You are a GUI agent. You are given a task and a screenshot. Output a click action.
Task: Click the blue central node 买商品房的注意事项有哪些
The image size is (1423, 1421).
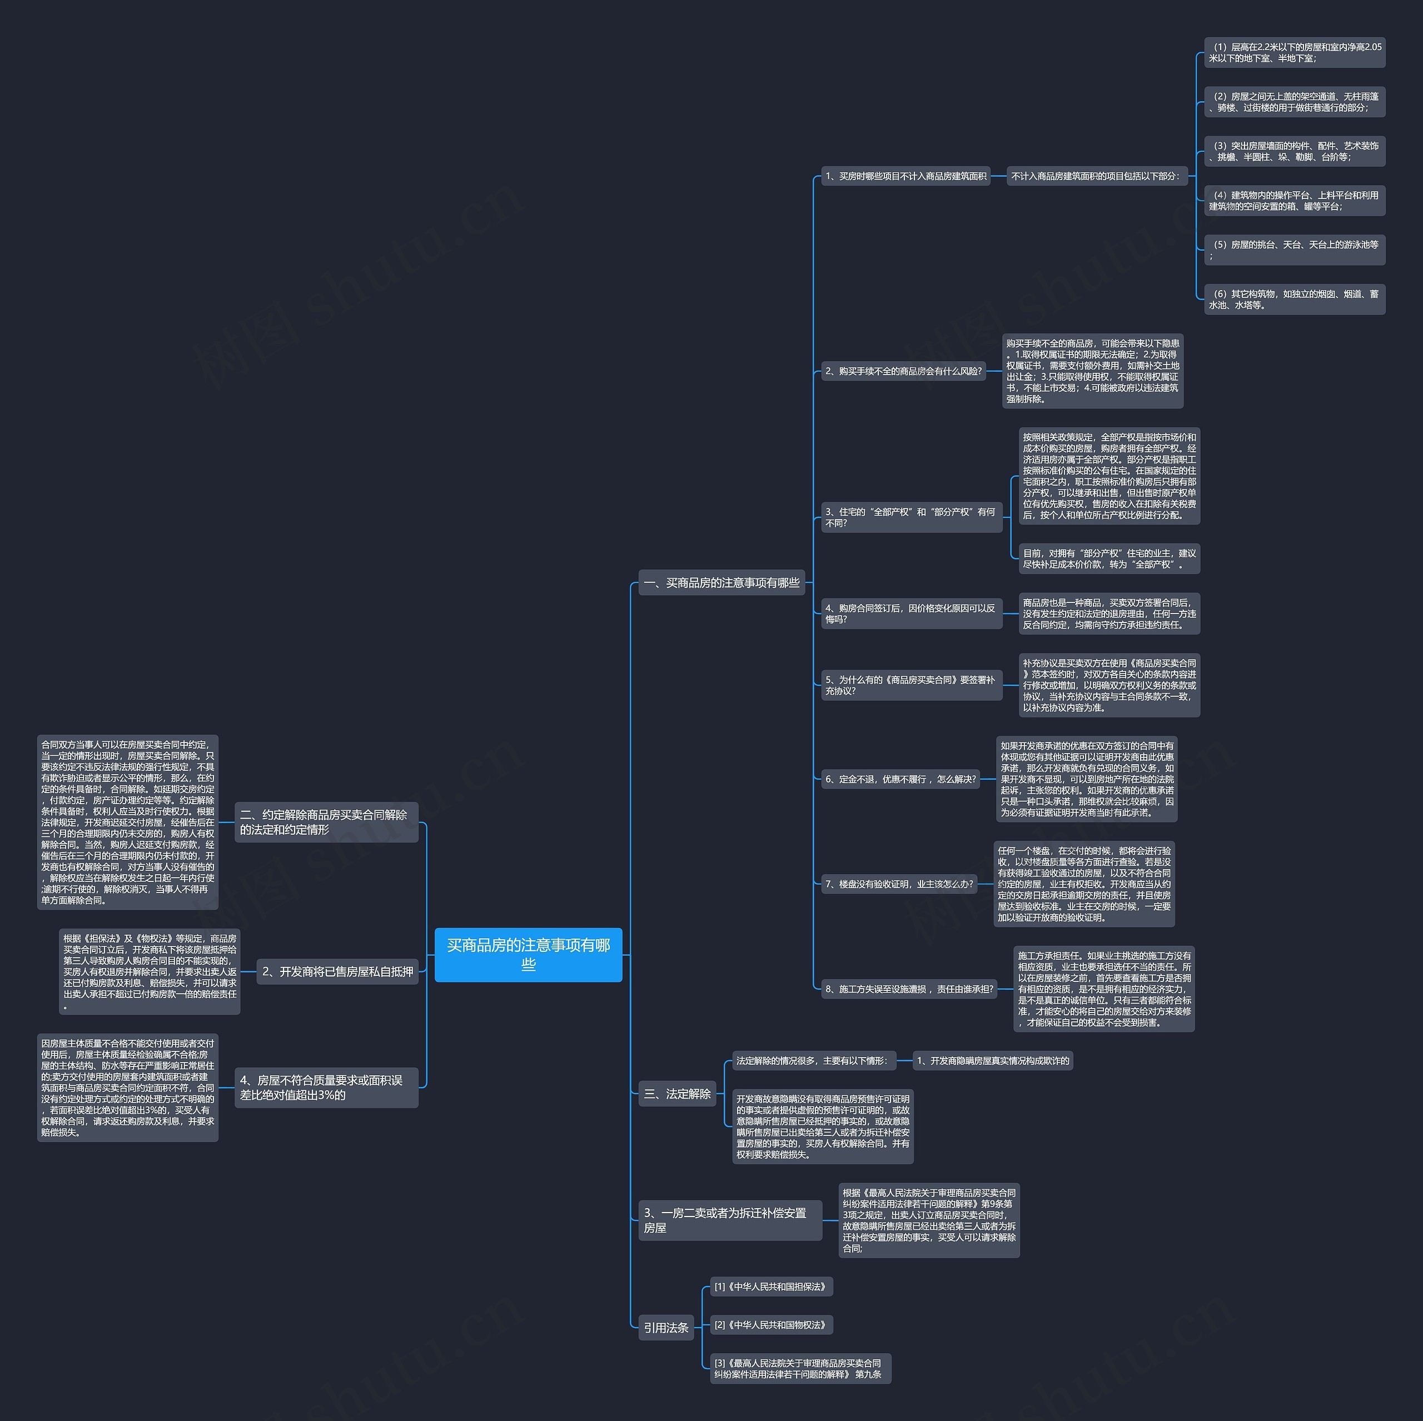point(528,954)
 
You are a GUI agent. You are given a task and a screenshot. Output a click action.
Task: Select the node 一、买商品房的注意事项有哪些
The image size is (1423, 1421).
point(721,582)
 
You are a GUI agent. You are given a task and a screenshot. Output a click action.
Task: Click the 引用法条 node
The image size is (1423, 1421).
point(666,1328)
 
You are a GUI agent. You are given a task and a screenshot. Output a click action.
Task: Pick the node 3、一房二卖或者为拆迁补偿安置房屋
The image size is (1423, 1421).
point(729,1220)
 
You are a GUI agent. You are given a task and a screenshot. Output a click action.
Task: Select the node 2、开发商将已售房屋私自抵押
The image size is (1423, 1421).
point(337,971)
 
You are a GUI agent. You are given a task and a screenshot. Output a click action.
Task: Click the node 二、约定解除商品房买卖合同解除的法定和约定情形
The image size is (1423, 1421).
point(326,822)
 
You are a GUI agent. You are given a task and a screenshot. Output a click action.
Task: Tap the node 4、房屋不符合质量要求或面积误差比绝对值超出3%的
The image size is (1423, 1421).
point(326,1087)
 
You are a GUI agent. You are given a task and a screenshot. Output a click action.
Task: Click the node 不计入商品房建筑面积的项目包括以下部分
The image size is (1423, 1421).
point(1096,176)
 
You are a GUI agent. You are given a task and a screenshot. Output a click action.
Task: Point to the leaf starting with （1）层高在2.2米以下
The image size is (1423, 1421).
point(1294,52)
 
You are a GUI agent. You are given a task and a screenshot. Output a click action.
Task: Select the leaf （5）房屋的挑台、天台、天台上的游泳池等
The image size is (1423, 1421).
point(1294,250)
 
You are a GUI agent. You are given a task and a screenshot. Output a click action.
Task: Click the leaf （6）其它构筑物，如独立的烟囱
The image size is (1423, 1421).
point(1294,299)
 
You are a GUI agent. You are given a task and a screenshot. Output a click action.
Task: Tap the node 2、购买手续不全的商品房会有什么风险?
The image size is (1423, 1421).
point(903,371)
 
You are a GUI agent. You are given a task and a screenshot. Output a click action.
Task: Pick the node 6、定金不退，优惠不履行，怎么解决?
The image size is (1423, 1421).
point(900,779)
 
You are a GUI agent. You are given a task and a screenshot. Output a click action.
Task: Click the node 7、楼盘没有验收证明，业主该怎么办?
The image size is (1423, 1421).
point(899,884)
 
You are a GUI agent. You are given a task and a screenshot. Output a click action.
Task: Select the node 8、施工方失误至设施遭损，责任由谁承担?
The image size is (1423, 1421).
point(908,989)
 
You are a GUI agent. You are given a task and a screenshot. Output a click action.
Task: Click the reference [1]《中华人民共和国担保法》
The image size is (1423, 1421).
point(771,1287)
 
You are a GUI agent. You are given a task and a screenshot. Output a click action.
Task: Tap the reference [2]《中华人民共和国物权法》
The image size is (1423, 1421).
point(771,1324)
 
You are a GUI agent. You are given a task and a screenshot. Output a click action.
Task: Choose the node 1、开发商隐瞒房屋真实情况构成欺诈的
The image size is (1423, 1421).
point(992,1060)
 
